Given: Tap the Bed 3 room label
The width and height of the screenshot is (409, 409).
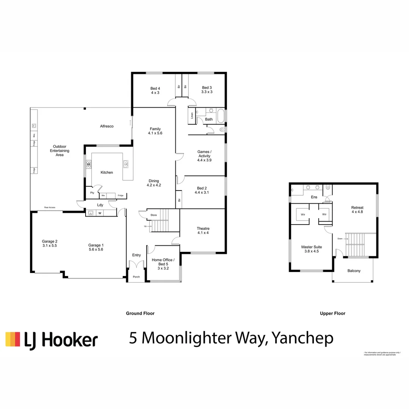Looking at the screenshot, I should pos(207,87).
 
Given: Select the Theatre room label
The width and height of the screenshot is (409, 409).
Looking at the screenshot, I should pos(203,228).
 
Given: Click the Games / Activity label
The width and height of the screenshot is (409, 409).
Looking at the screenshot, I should pos(204,154).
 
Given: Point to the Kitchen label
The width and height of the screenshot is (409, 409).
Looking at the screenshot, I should pos(106,172).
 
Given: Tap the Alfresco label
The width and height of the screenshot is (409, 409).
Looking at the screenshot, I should pos(107,126).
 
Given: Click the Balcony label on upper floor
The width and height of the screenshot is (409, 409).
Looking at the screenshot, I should pos(354,271).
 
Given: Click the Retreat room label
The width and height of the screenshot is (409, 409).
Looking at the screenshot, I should pos(357,208).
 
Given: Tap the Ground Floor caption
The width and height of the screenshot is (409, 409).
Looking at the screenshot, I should pos(140,313).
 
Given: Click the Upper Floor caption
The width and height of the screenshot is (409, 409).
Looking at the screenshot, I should pos(333,313).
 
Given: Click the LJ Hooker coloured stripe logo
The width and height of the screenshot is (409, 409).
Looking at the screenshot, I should pos(12,339).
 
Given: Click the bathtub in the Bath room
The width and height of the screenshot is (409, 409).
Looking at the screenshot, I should pos(221,115).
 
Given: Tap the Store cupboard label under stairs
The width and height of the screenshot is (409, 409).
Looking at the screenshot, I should pos(153,215).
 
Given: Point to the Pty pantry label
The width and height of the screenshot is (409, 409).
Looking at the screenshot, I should pos(92,193).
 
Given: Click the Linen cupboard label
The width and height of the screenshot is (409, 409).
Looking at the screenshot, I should pos(192,115).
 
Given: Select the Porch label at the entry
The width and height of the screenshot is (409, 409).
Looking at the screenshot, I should pos(136,277).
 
